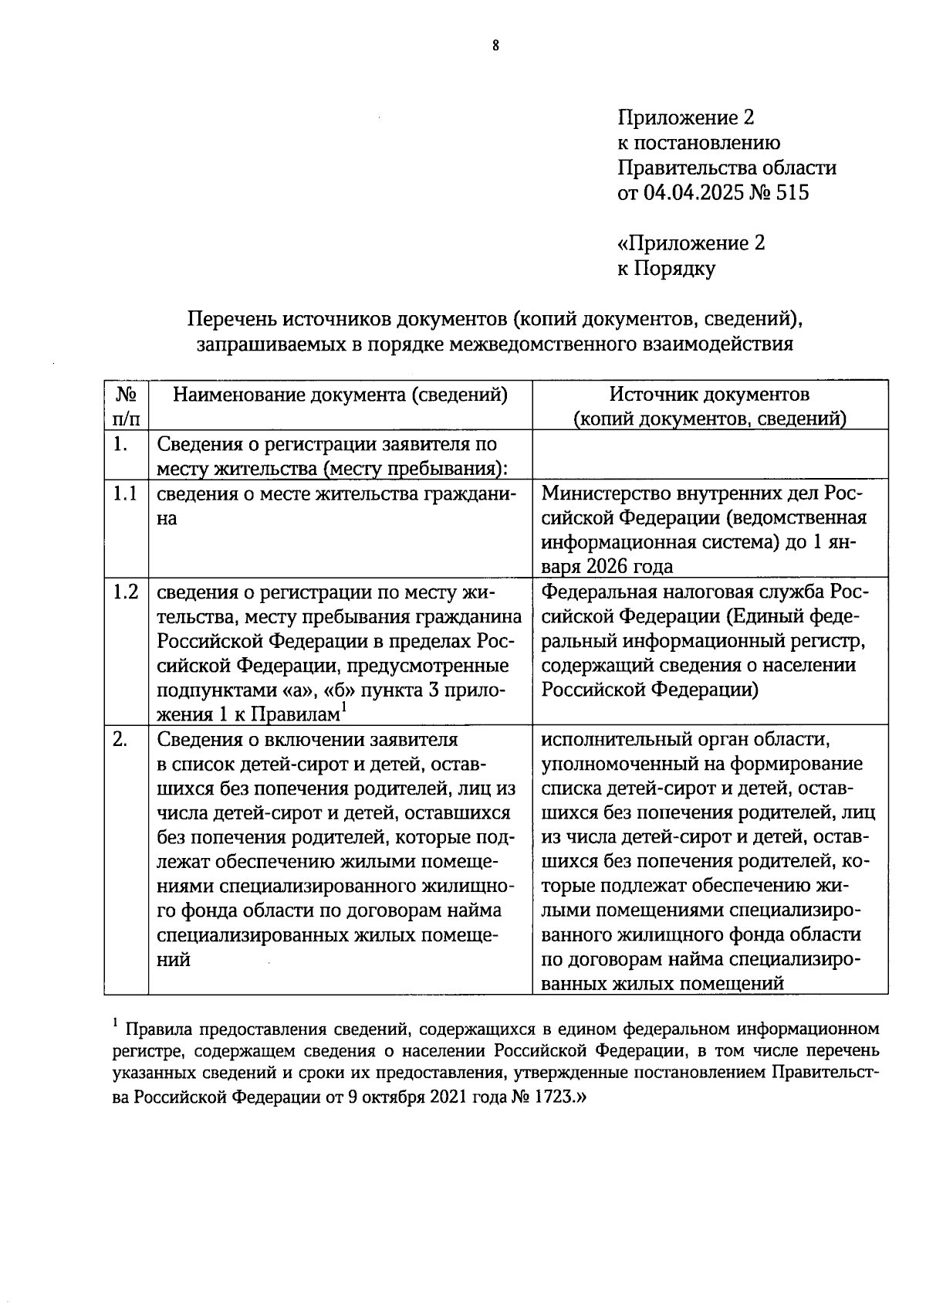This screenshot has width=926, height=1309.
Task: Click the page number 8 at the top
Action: point(496,46)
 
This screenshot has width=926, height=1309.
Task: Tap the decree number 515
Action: point(792,193)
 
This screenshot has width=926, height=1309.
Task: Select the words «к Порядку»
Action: point(666,269)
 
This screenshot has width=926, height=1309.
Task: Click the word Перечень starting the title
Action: point(232,319)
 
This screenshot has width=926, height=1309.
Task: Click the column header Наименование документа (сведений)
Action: point(340,395)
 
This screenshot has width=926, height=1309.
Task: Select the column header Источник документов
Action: point(709,395)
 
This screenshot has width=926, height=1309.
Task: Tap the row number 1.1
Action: point(125,493)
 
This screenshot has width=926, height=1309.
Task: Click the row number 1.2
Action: point(125,592)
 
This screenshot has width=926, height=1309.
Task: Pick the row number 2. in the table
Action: point(120,740)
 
